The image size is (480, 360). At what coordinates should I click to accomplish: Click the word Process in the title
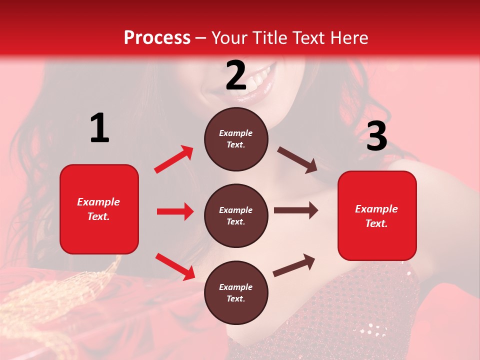157,38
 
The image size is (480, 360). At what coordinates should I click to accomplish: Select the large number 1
99,128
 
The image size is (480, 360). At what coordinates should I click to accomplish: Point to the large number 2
236,75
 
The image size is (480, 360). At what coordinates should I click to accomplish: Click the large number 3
376,136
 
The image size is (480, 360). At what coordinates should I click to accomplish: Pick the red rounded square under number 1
99,209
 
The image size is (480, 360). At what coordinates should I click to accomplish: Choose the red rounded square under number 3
377,215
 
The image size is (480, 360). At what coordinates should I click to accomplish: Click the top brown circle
236,139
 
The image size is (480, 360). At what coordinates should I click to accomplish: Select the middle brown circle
236,215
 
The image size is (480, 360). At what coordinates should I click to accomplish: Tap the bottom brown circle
236,292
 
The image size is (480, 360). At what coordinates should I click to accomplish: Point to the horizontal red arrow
175,211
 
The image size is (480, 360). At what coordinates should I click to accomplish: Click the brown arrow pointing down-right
297,160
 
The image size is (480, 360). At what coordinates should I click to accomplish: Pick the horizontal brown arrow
295,210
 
